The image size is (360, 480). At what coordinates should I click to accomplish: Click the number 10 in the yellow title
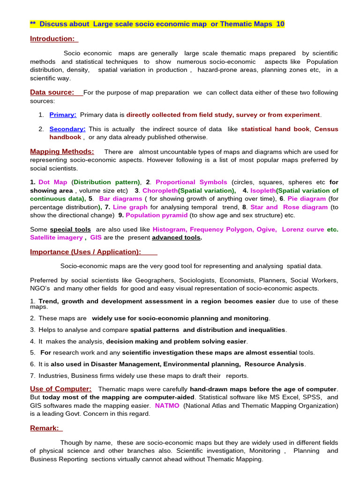click(280, 24)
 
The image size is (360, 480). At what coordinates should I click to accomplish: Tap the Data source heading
click(52, 92)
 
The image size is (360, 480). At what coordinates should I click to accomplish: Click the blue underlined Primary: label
click(63, 114)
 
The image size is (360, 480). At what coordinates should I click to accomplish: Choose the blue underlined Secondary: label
click(67, 129)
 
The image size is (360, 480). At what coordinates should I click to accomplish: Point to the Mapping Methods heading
click(62, 151)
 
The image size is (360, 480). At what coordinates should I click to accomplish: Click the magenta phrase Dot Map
click(53, 182)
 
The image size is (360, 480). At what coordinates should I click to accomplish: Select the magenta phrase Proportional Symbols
click(191, 182)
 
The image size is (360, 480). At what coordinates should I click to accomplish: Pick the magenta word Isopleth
click(263, 190)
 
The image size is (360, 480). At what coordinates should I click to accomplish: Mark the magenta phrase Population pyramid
click(157, 215)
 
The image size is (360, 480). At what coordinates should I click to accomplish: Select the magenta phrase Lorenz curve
click(302, 229)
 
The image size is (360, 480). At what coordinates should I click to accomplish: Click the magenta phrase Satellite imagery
click(56, 238)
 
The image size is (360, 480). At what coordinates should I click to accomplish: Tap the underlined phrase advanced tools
click(176, 238)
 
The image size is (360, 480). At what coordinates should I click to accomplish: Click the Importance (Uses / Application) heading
click(85, 252)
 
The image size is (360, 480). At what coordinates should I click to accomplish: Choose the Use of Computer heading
click(60, 389)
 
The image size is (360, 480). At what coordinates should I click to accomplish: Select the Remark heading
click(45, 428)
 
